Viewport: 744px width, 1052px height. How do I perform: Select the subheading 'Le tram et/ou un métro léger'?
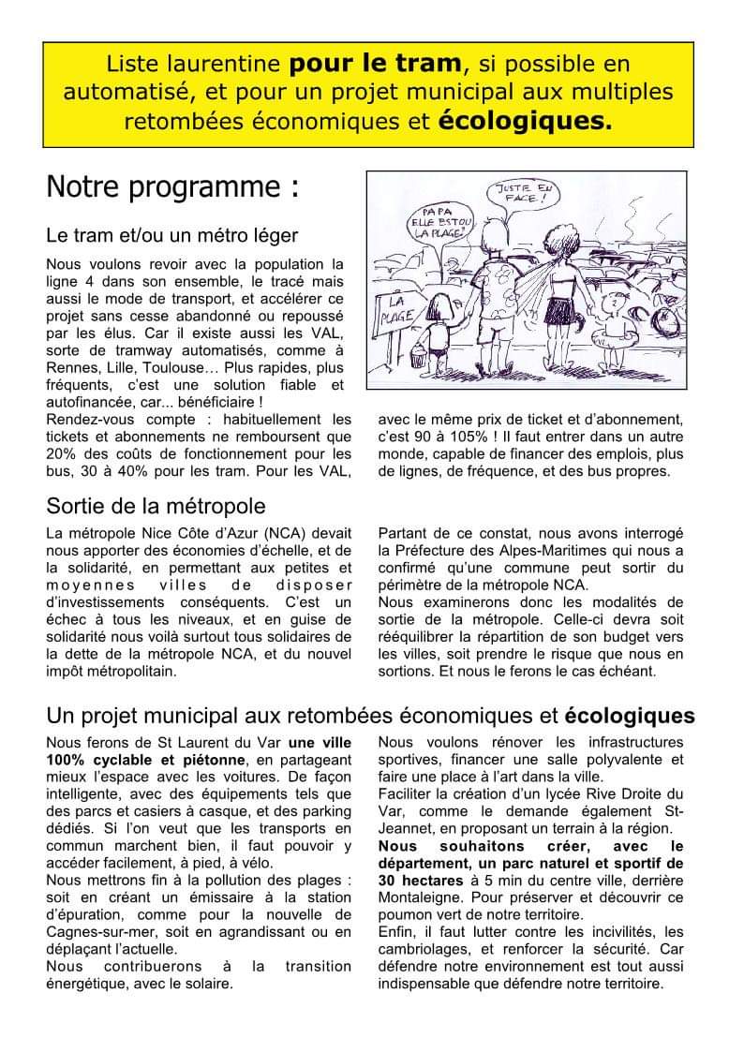click(172, 234)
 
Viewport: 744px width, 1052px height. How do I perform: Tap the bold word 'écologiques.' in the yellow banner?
click(526, 121)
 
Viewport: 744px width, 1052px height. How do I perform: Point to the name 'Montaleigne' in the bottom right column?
click(418, 897)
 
